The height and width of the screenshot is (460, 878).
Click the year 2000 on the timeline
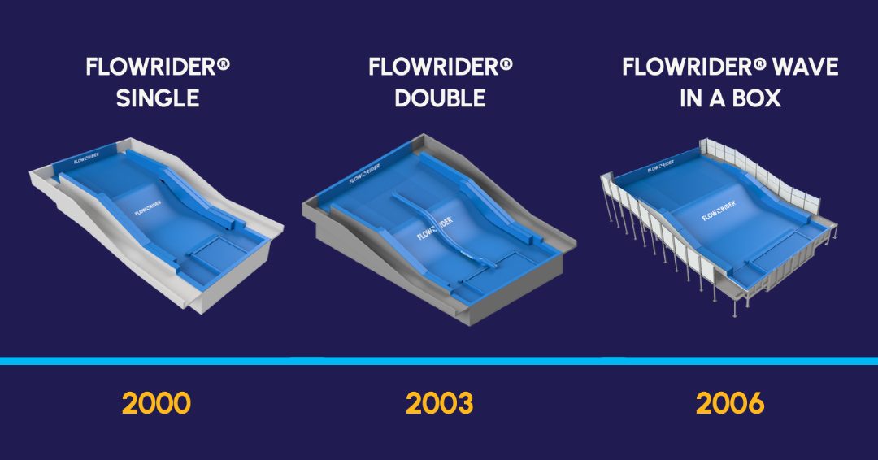(x=157, y=403)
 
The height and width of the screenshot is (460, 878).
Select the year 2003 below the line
(x=439, y=403)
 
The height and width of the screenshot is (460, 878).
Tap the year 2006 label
(x=728, y=403)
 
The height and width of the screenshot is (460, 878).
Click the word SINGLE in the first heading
(x=157, y=98)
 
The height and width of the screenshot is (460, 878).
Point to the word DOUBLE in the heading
(x=440, y=98)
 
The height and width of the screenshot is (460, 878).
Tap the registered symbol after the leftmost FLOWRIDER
(x=222, y=63)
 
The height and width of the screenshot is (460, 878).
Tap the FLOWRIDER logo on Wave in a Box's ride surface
(x=722, y=215)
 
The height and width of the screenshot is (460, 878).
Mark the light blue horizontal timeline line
(x=439, y=360)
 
